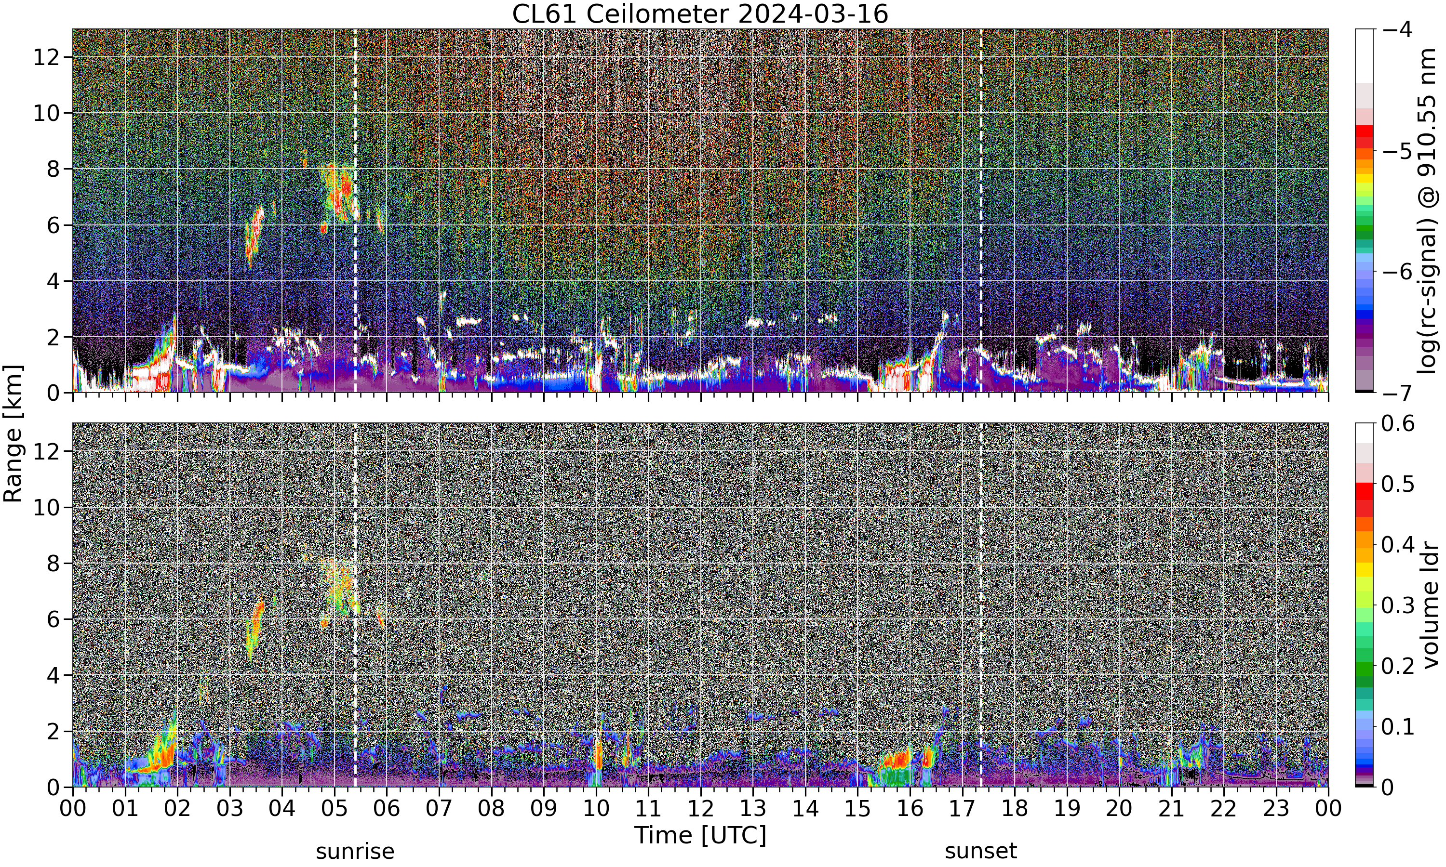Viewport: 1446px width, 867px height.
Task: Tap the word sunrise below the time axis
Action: click(x=355, y=851)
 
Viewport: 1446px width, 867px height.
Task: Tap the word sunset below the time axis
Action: click(x=981, y=851)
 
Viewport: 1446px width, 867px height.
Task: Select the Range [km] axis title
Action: click(x=13, y=433)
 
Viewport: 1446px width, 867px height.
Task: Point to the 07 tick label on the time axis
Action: click(x=438, y=809)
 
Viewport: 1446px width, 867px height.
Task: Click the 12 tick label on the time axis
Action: click(x=700, y=809)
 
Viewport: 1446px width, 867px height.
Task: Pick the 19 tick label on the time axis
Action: click(x=1067, y=809)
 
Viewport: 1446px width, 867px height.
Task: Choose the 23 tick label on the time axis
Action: click(x=1276, y=809)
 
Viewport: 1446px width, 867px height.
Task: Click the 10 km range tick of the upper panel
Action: click(x=46, y=113)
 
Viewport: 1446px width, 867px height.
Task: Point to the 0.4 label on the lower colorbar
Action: click(x=1398, y=544)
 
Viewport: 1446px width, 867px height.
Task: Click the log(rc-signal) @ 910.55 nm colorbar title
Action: click(x=1429, y=211)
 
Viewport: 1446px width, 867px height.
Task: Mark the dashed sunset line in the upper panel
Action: click(x=981, y=210)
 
